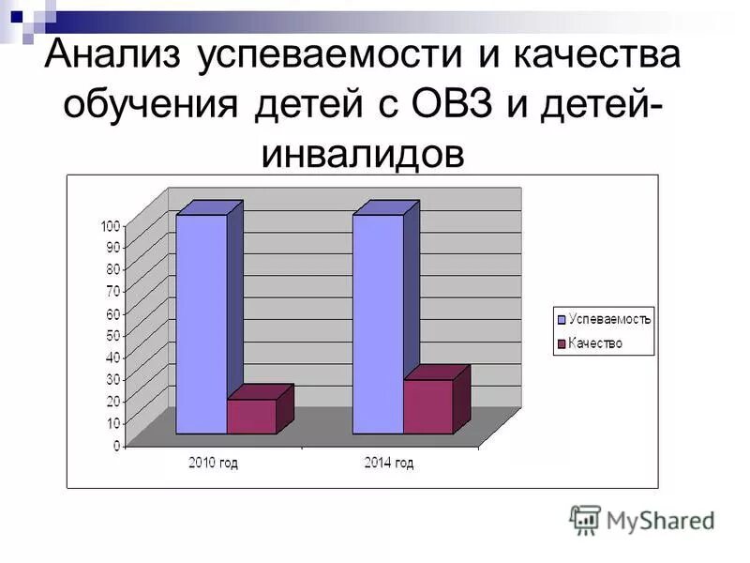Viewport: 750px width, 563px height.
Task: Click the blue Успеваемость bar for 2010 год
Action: (202, 324)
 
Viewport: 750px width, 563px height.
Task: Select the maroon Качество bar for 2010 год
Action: (251, 416)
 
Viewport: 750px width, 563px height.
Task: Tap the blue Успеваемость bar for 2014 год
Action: (378, 324)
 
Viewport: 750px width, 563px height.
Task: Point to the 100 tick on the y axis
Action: (112, 225)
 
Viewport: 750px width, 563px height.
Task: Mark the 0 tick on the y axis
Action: (117, 446)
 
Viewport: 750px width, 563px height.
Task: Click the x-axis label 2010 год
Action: (214, 463)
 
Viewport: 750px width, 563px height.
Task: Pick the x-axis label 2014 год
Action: (389, 463)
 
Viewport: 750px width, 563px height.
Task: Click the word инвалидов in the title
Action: (363, 152)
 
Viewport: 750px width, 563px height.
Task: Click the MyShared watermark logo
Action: (642, 519)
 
